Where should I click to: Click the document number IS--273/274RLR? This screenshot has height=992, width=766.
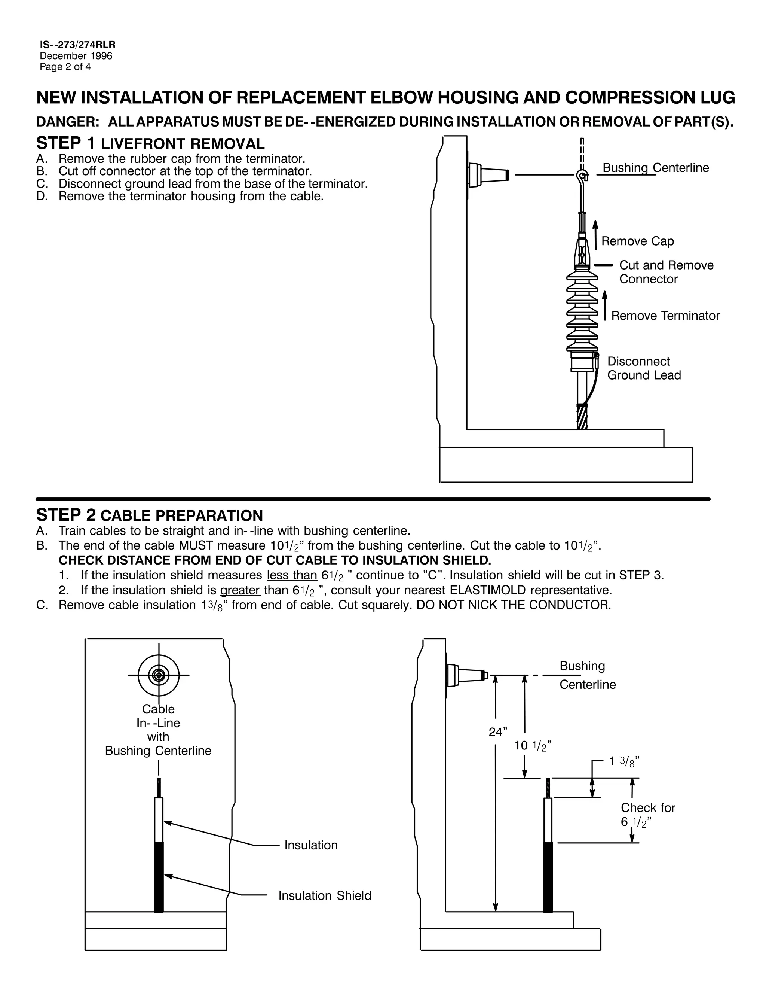[x=77, y=45]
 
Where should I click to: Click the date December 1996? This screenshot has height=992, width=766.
[x=76, y=56]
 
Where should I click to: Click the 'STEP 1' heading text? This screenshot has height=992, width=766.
[x=65, y=143]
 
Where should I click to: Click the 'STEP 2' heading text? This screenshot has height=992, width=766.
[x=66, y=515]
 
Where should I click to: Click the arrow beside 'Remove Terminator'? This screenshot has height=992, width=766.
[x=605, y=306]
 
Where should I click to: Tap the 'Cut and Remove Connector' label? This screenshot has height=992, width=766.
[x=666, y=272]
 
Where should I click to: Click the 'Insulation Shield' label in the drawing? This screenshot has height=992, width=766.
[x=324, y=895]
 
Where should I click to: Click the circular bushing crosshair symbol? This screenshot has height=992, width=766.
[x=158, y=675]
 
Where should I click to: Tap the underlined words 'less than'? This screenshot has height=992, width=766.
[x=292, y=575]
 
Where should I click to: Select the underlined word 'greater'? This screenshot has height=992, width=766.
[x=240, y=590]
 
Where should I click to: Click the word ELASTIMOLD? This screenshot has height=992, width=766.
[x=487, y=590]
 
